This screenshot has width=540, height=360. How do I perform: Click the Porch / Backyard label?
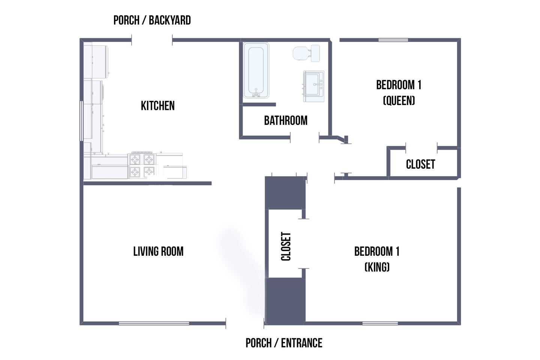(152, 20)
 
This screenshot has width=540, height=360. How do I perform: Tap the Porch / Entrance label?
(284, 343)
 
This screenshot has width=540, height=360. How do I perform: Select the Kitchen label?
(157, 106)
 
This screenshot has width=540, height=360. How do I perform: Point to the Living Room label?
(158, 251)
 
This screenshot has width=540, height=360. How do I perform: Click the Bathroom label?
(286, 121)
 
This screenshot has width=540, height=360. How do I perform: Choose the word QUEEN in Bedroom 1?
(399, 100)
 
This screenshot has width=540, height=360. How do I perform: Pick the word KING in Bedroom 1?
(377, 267)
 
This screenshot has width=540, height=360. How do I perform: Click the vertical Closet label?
(286, 246)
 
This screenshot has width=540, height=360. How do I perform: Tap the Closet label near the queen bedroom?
(421, 165)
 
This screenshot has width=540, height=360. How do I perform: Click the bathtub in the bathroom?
(256, 70)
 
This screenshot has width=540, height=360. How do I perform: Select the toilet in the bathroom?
(306, 53)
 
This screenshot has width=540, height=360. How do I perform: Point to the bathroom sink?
(313, 86)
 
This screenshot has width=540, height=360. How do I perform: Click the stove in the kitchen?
(142, 165)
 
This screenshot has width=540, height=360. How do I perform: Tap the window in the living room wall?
(154, 323)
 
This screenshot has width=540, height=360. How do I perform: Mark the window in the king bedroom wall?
(380, 323)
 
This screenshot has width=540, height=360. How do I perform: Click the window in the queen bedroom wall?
(393, 40)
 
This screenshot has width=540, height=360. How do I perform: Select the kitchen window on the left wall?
(81, 121)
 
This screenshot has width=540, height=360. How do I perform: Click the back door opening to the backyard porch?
(152, 40)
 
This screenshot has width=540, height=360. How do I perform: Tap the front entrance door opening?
(245, 323)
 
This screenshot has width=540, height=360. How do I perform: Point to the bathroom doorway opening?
(305, 138)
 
